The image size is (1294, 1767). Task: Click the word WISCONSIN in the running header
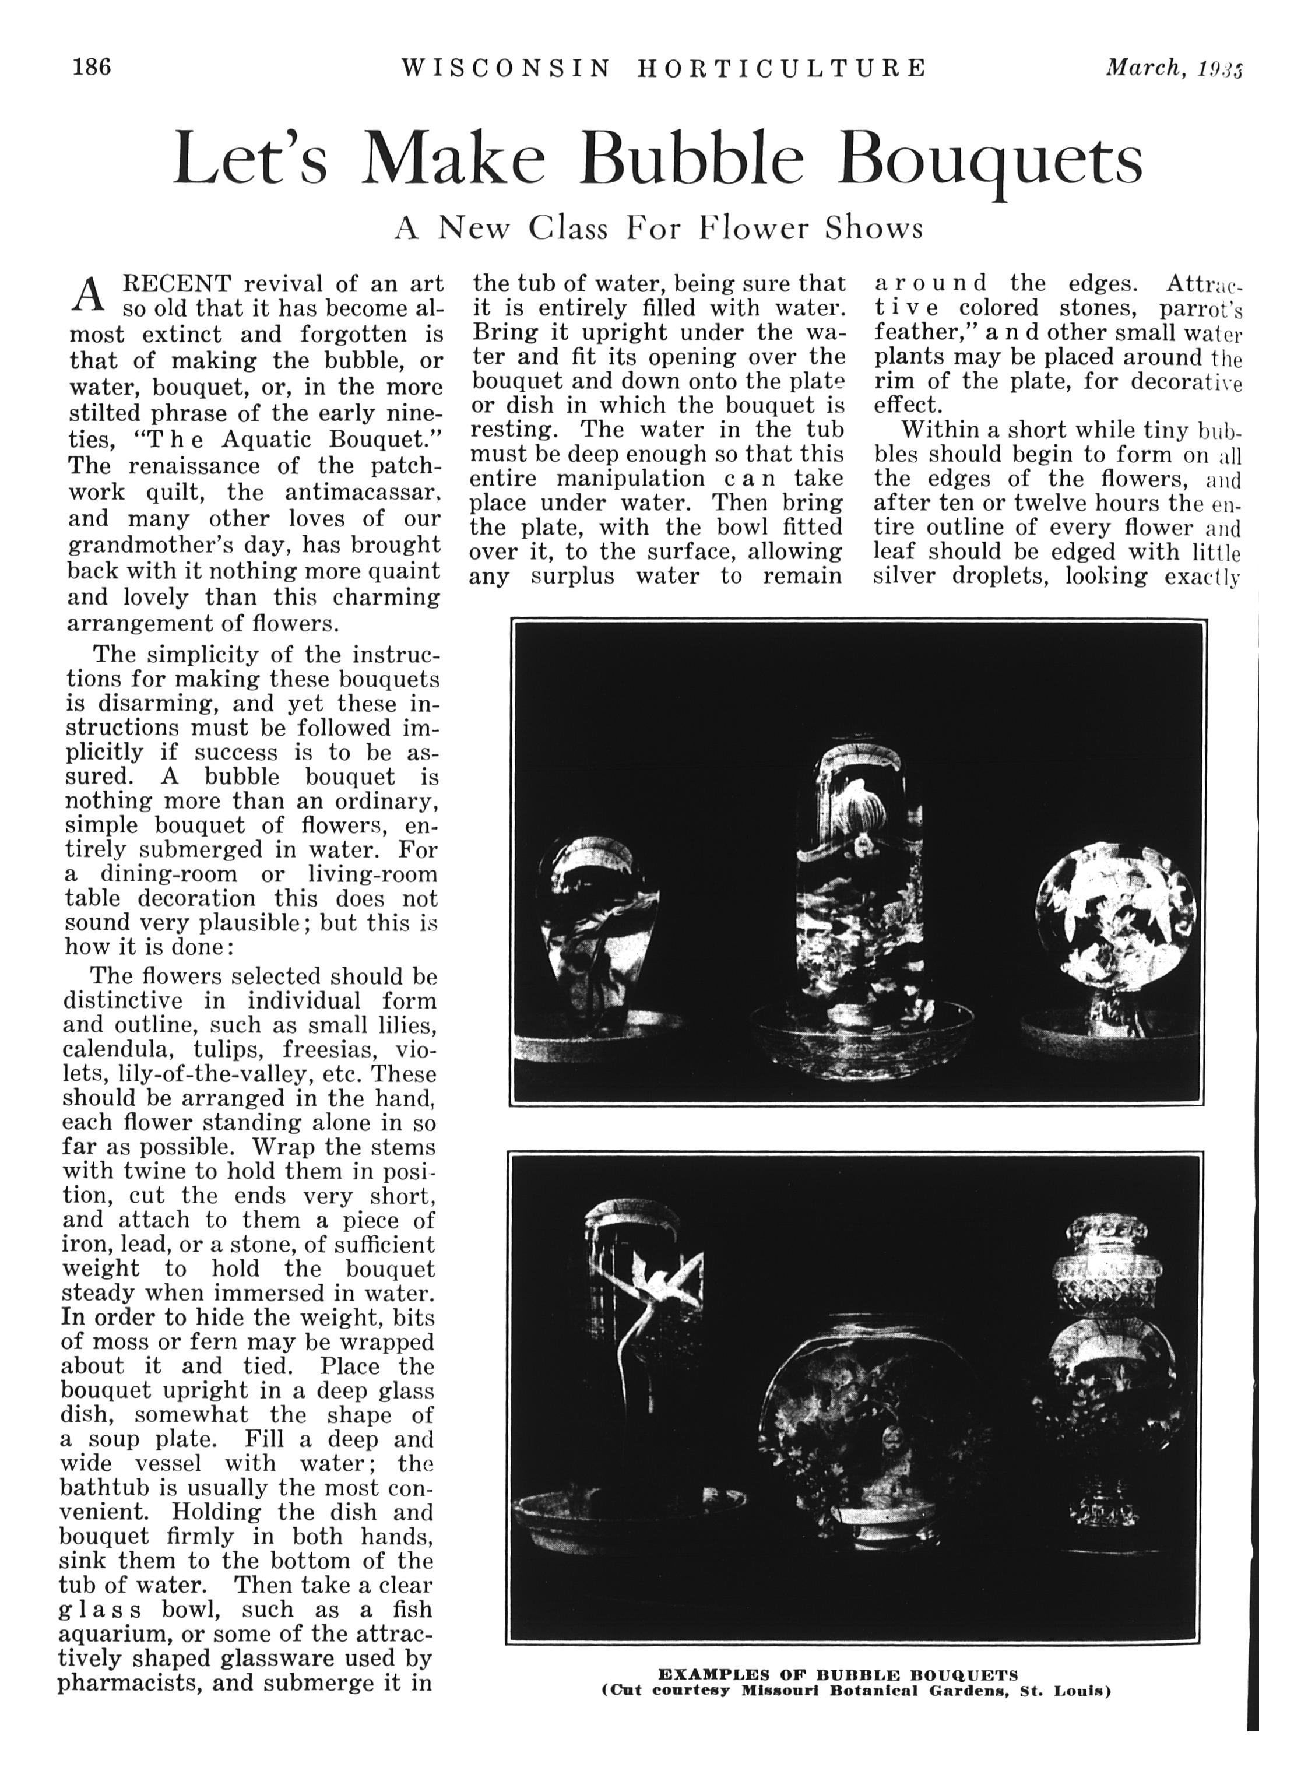tap(505, 69)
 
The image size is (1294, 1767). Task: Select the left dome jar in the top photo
tap(599, 924)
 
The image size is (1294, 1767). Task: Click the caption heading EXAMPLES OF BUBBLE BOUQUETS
tap(838, 1677)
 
